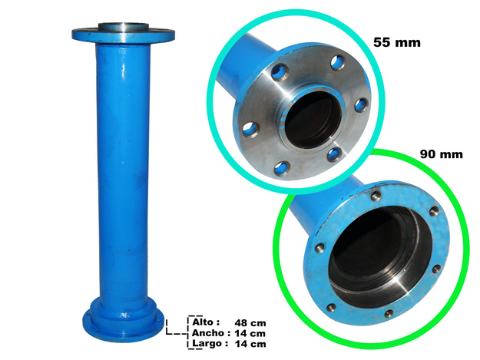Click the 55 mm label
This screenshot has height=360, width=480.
[x=397, y=42]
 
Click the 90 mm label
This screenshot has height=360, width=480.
[x=441, y=154]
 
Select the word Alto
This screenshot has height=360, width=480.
[x=203, y=322]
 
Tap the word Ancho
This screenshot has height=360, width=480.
[x=208, y=333]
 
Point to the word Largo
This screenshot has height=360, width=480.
[x=207, y=343]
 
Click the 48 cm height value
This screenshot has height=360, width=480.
[x=250, y=323]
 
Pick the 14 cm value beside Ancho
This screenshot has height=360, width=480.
[x=250, y=333]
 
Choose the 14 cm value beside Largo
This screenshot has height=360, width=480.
[x=250, y=344]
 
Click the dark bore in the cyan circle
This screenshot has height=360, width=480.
[x=313, y=119]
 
